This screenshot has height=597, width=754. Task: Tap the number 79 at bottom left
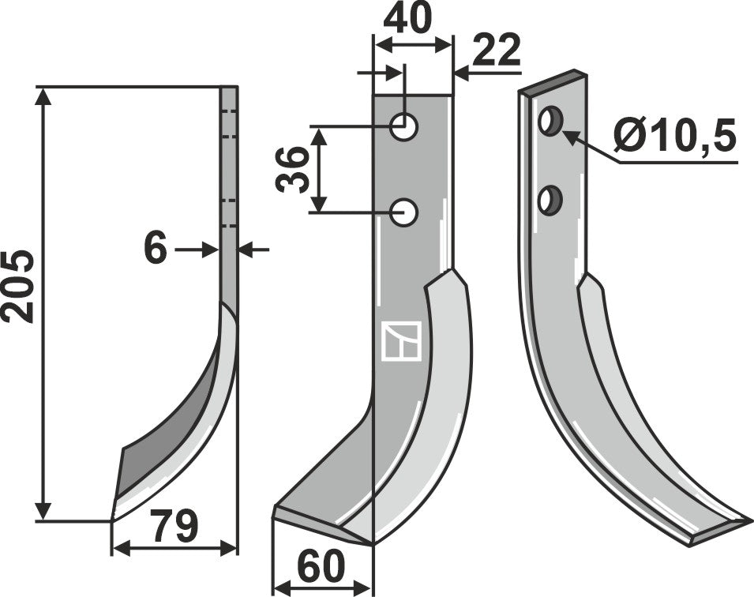pos(174,527)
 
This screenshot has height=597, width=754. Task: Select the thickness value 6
pos(156,250)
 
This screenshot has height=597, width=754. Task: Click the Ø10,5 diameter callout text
pos(674,137)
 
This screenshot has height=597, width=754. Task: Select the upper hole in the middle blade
pos(406,126)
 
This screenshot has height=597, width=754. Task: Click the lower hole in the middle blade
pos(406,212)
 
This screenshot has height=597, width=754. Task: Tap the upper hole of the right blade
pos(549,122)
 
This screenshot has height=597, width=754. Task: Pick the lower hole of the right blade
pos(549,199)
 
